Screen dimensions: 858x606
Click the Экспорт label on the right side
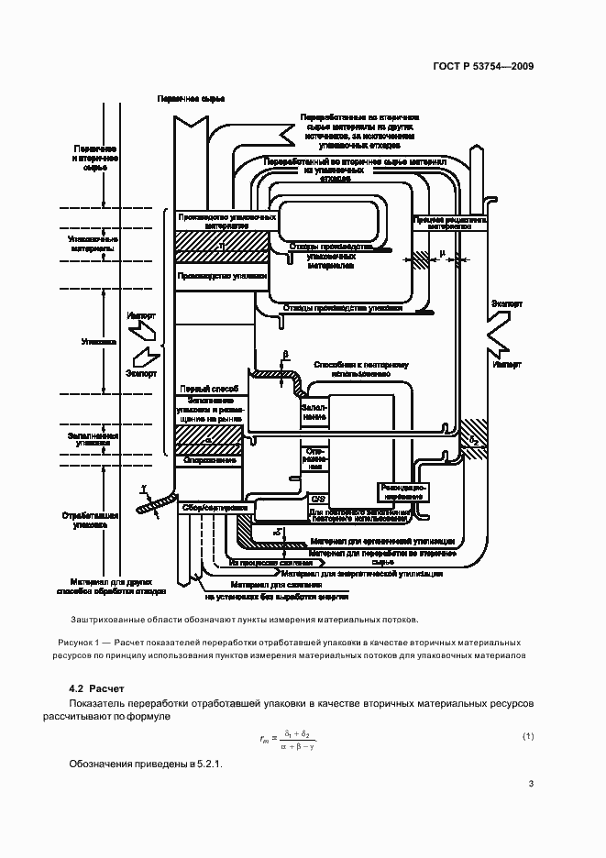[x=507, y=302]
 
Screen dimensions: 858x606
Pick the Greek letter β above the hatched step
[x=285, y=353]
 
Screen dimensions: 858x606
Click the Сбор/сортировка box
[x=214, y=506]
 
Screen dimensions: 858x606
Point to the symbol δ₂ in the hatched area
[x=474, y=440]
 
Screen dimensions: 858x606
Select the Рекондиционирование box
[x=399, y=491]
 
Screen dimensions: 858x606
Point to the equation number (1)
[x=528, y=736]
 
